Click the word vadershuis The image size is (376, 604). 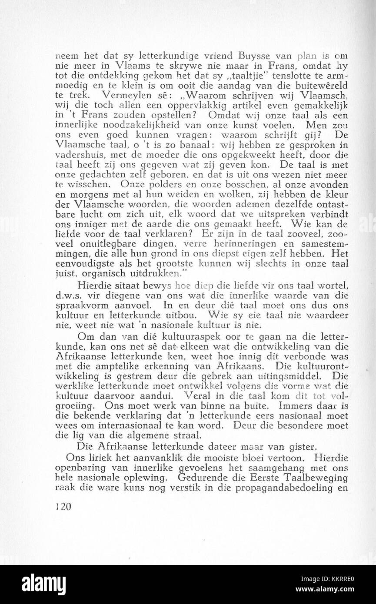pos(76,155)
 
